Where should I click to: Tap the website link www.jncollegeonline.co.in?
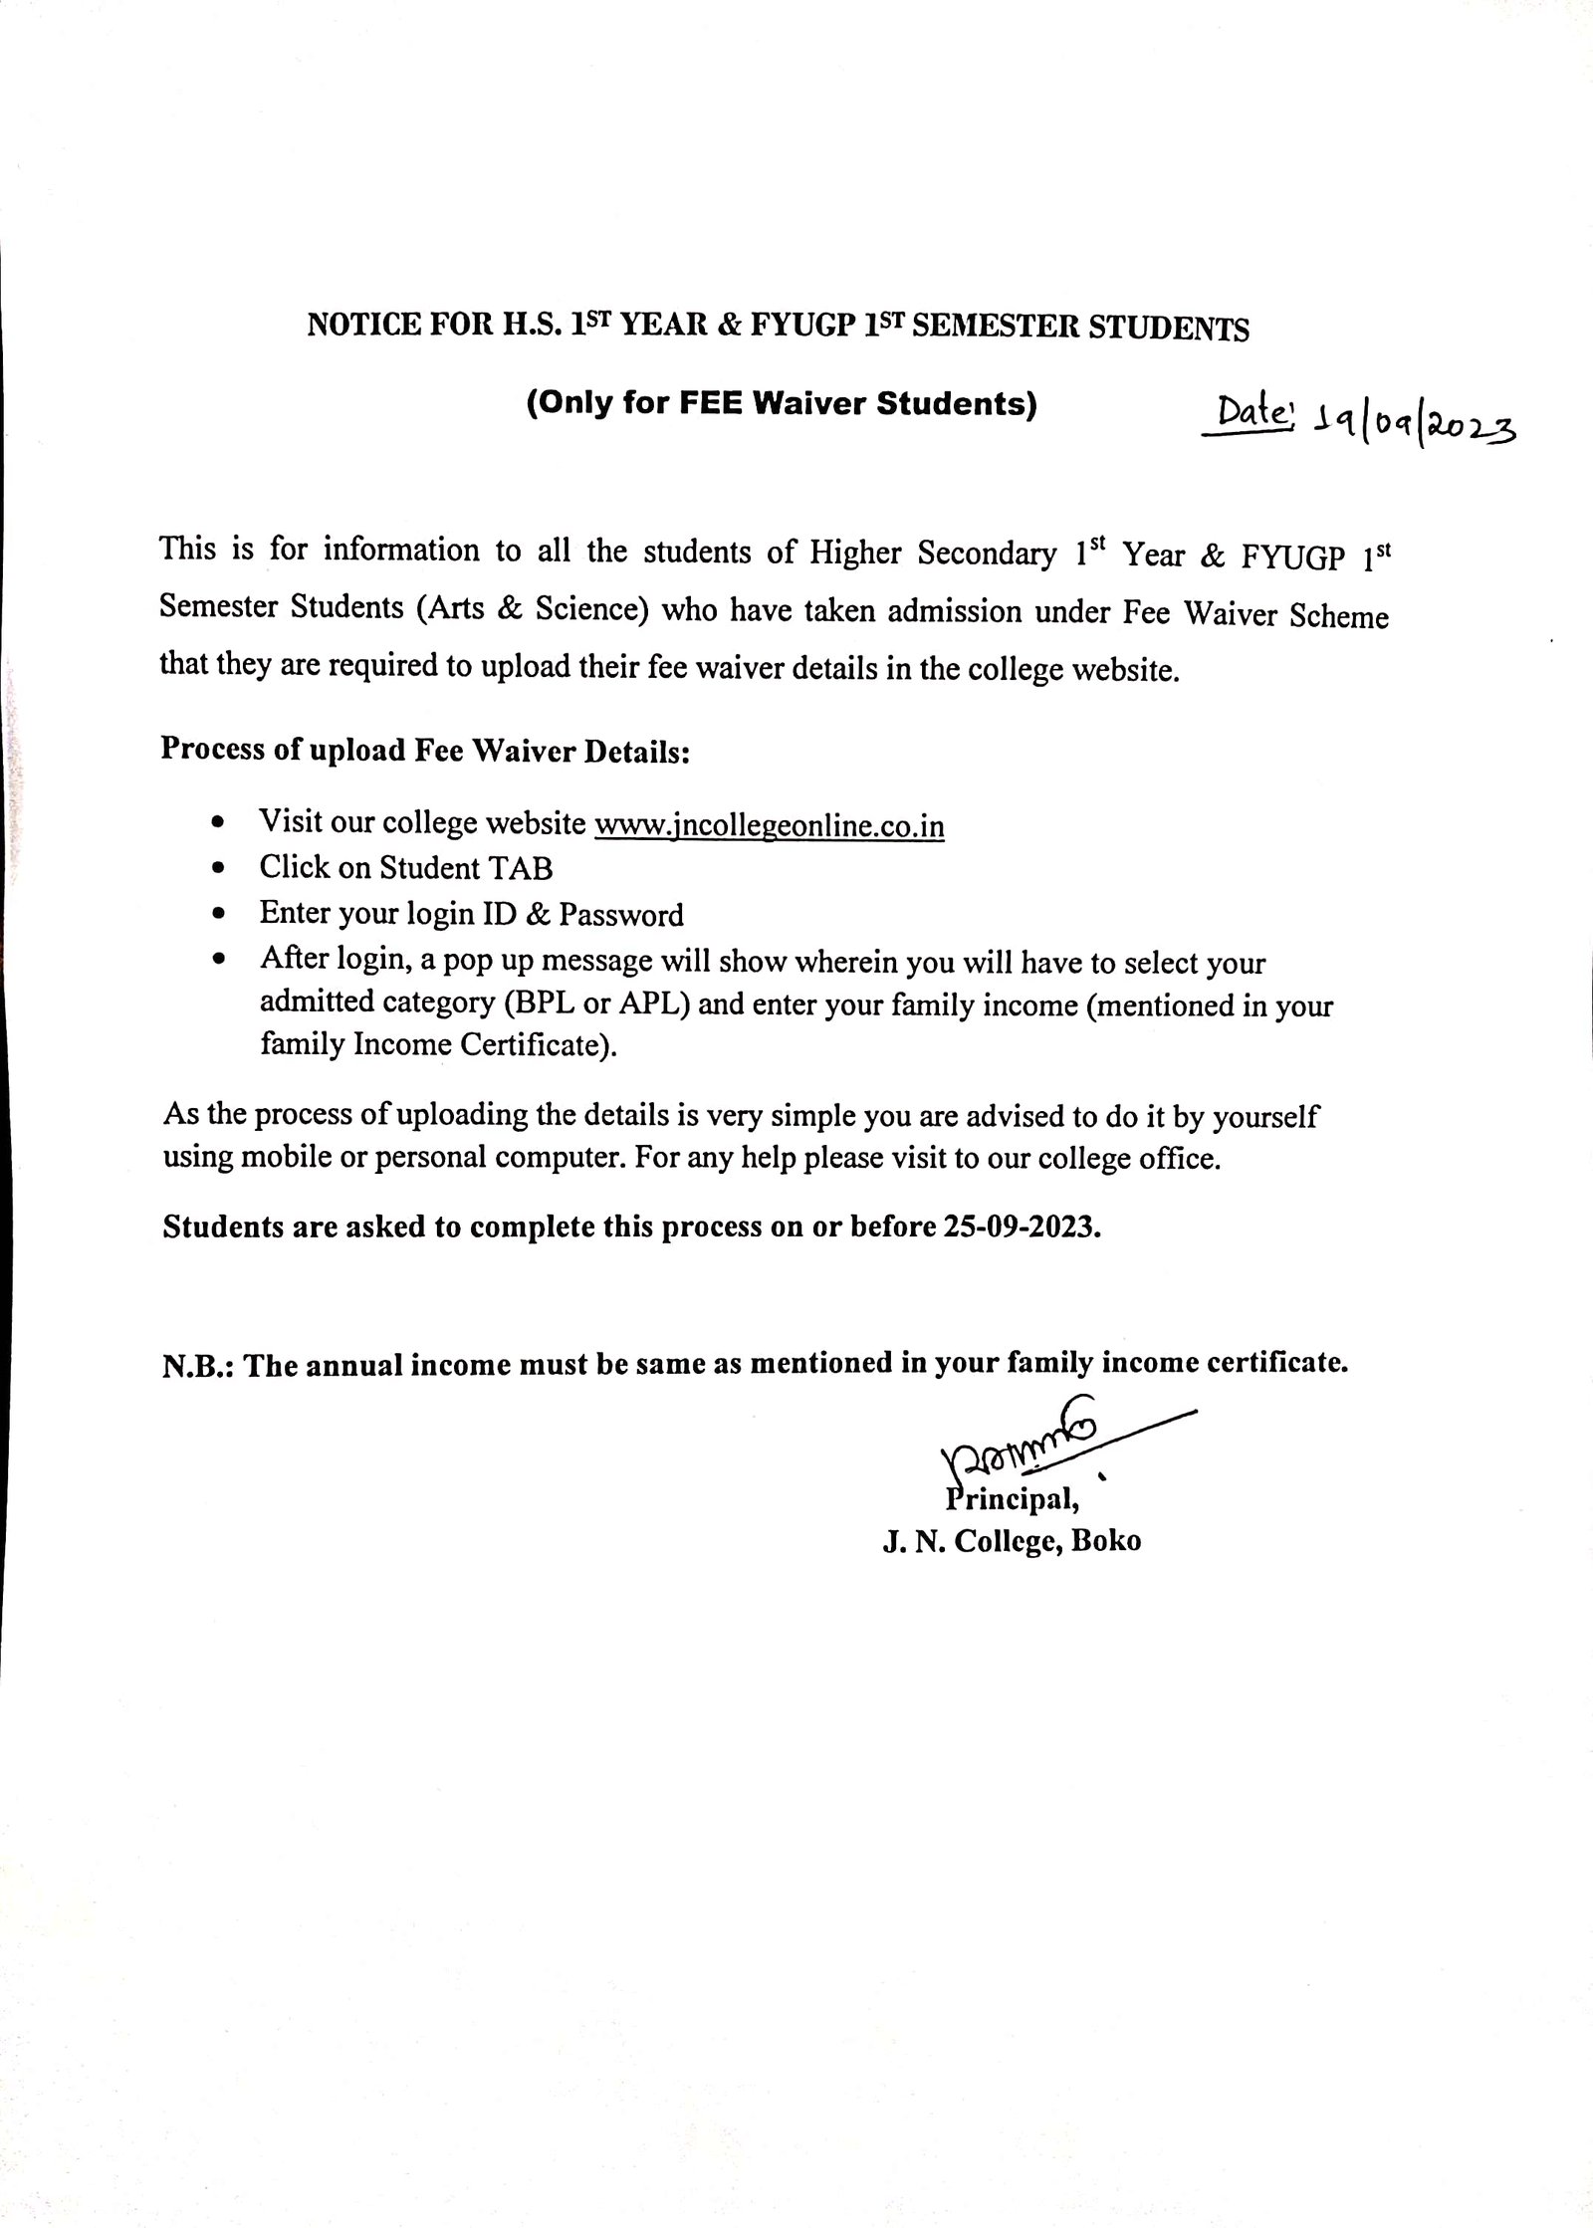769,825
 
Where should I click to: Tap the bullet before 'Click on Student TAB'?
219,869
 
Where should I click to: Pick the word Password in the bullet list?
621,914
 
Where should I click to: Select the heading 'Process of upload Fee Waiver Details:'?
425,750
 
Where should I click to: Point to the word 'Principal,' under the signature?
1010,1497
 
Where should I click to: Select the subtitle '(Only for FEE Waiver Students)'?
782,404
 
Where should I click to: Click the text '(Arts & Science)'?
533,608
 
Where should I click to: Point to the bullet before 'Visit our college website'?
219,823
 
